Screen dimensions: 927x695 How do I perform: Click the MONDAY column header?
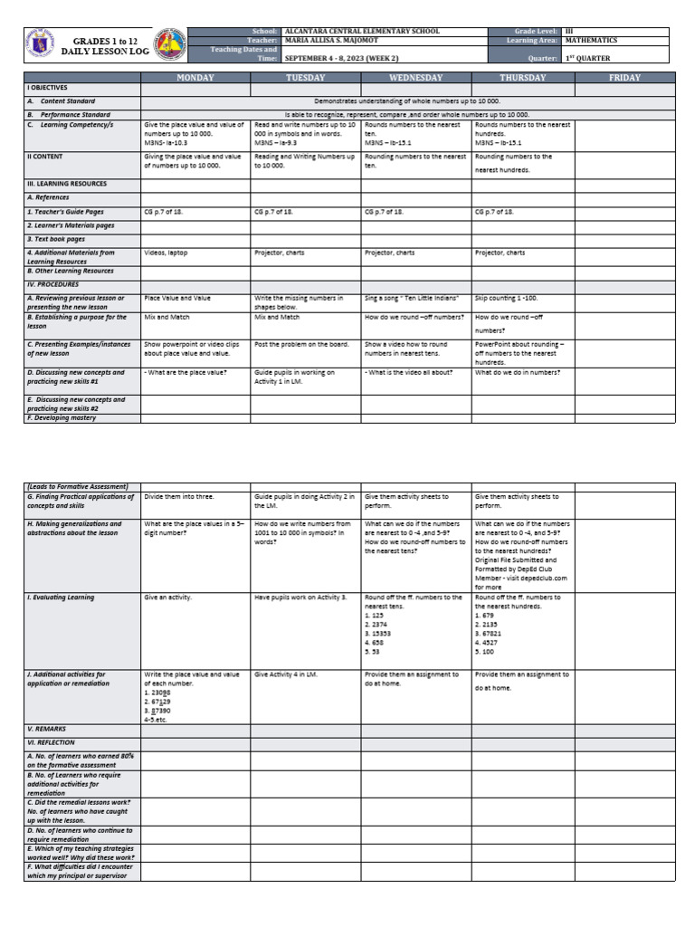(x=195, y=78)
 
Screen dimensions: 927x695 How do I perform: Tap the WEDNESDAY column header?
(x=415, y=78)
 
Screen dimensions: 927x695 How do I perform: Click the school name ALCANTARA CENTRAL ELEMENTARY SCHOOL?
(x=362, y=32)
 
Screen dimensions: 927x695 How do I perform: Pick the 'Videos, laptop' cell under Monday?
(x=166, y=253)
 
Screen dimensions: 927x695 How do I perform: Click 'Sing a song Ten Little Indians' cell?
(x=412, y=298)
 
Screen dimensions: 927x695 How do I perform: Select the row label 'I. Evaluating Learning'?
(x=61, y=597)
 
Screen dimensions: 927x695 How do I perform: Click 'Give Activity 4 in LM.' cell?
(x=287, y=674)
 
